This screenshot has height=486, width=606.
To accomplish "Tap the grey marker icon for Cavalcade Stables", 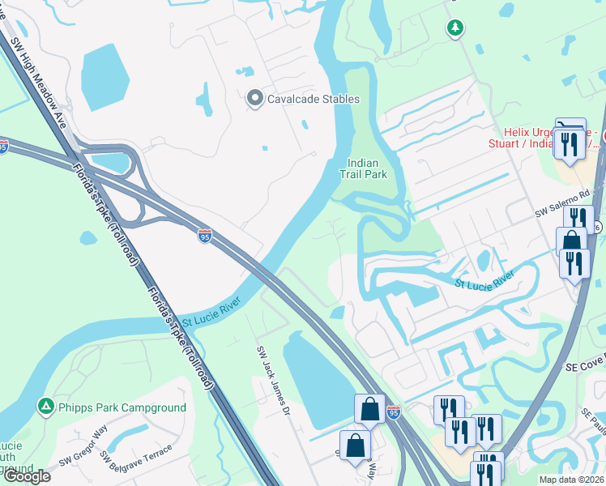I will click(254, 99).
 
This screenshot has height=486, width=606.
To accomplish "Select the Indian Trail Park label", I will click(367, 168).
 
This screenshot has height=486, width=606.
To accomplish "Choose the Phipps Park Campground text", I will click(122, 407).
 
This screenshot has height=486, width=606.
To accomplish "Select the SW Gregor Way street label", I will click(83, 447).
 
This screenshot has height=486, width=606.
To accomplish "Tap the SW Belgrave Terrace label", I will click(137, 460).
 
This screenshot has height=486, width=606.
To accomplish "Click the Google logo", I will click(27, 475).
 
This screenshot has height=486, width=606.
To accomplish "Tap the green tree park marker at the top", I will click(455, 28).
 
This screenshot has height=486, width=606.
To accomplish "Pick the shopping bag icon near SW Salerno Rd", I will click(571, 241).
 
